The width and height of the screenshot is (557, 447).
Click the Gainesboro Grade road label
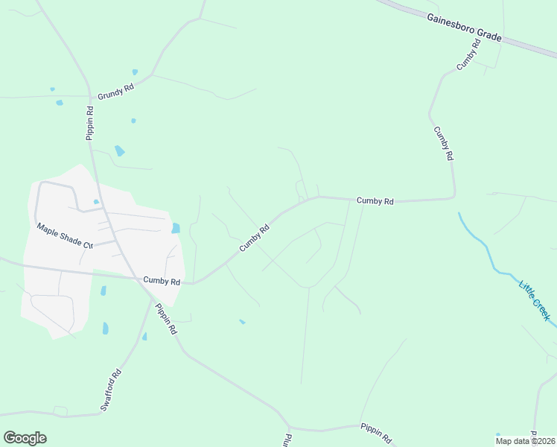click(x=465, y=27)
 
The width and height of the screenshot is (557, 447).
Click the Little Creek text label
click(x=535, y=300)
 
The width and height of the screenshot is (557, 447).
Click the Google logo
click(x=25, y=437)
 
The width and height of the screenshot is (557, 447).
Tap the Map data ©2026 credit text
click(x=525, y=441)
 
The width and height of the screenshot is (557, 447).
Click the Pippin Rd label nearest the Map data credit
click(x=376, y=432)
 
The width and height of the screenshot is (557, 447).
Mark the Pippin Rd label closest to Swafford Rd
click(x=166, y=318)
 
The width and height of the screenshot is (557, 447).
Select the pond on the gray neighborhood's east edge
click(x=176, y=228)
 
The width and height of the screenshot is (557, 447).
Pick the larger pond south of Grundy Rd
click(x=119, y=150)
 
